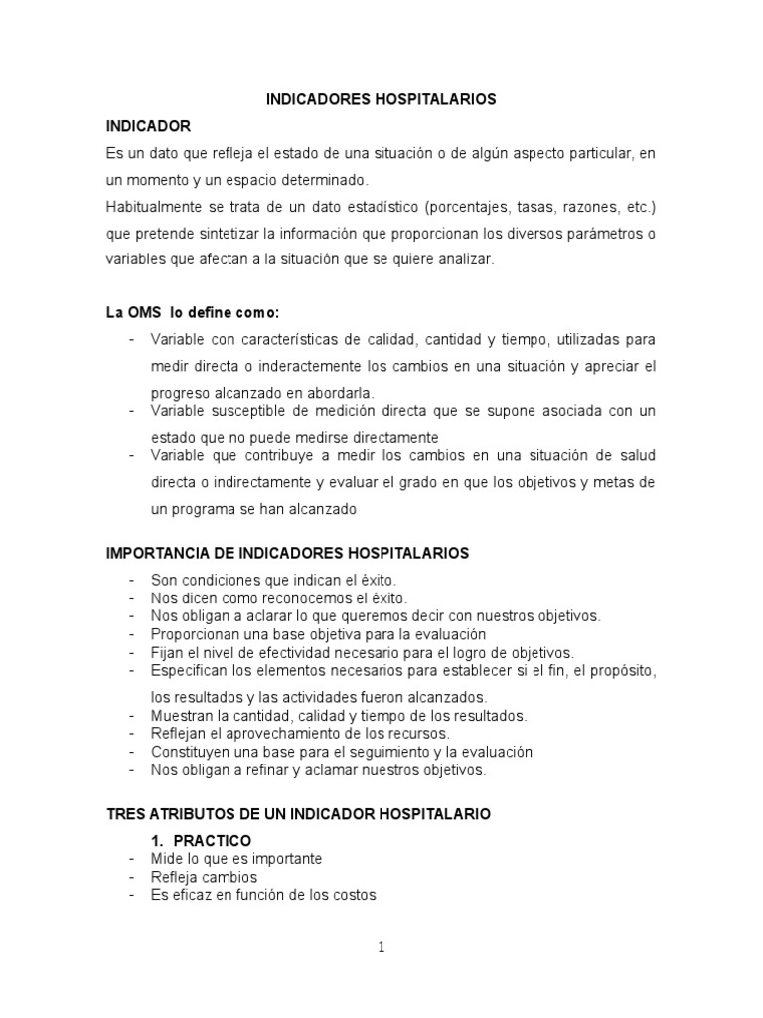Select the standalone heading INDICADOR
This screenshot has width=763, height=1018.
[148, 126]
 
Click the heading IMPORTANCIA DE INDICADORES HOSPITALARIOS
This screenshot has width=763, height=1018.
[288, 552]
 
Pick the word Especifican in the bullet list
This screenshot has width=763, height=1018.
[189, 671]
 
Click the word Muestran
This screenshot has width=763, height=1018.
[182, 715]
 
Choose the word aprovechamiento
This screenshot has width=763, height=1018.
[266, 734]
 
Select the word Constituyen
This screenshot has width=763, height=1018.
[191, 752]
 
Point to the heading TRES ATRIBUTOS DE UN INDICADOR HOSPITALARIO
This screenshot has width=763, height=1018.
[298, 814]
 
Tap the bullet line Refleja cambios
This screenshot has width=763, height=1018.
[204, 877]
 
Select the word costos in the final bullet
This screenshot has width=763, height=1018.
[355, 895]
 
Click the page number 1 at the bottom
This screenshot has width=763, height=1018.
[381, 947]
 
